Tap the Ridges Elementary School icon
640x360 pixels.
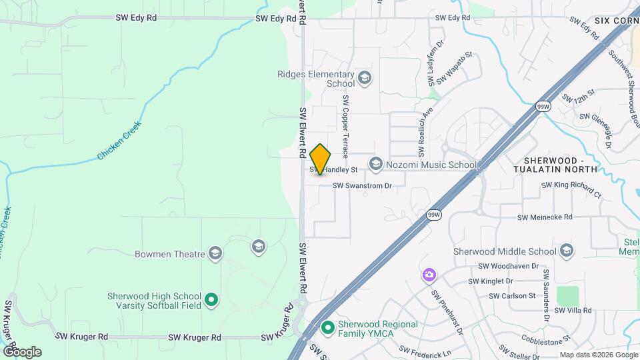pos(364,79)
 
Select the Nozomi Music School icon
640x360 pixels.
pos(376,164)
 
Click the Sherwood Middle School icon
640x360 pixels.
pos(567,251)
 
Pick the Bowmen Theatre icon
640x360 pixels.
pos(215,253)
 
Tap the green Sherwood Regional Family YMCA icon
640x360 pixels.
pos(327,328)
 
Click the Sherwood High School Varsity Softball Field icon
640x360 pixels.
pos(211,301)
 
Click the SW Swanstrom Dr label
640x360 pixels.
pos(361,186)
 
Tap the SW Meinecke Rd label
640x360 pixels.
pos(545,217)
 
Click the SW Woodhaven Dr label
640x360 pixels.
pos(503,266)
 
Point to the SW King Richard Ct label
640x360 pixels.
pos(571,189)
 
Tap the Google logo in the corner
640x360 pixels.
pos(22,351)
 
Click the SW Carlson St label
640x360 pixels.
pos(512,295)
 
